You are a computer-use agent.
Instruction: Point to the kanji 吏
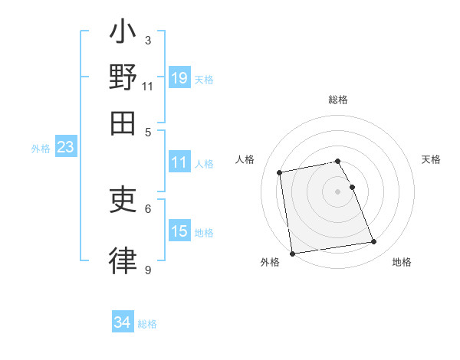pyautogui.click(x=123, y=201)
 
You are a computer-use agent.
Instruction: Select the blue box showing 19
pyautogui.click(x=179, y=77)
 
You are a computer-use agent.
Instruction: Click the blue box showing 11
pyautogui.click(x=179, y=162)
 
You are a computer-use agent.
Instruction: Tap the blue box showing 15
pyautogui.click(x=179, y=231)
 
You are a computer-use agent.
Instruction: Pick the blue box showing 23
pyautogui.click(x=65, y=147)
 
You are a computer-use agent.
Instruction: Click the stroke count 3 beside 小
pyautogui.click(x=147, y=40)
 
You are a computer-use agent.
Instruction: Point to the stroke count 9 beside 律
pyautogui.click(x=147, y=270)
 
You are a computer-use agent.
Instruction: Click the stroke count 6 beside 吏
pyautogui.click(x=147, y=208)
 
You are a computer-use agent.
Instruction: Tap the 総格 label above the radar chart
pyautogui.click(x=338, y=100)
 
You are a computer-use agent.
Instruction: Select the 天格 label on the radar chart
pyautogui.click(x=432, y=159)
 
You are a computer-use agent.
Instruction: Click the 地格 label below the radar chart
pyautogui.click(x=402, y=263)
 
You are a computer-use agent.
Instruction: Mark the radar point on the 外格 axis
pyautogui.click(x=292, y=254)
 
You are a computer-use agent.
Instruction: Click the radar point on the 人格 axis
pyautogui.click(x=281, y=172)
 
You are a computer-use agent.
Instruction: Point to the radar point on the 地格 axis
pyautogui.click(x=373, y=242)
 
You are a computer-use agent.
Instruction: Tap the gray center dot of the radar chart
pyautogui.click(x=338, y=191)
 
